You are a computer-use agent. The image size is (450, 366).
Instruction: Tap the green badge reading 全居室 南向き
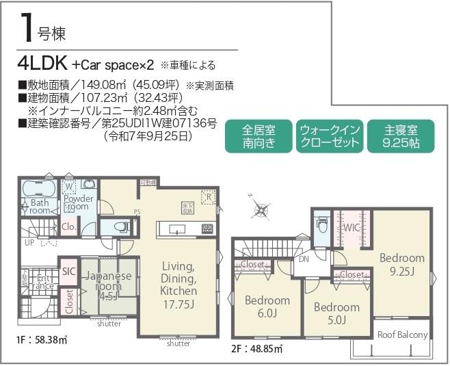[259, 138]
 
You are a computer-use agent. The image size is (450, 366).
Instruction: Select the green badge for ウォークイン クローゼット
[330, 138]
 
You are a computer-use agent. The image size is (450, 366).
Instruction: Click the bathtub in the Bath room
[40, 189]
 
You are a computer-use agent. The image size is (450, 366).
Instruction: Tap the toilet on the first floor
[119, 226]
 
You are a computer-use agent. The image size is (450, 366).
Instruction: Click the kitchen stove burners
[207, 228]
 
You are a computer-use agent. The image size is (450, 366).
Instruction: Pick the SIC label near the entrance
[68, 271]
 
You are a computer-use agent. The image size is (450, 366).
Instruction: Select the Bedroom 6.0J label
[267, 306]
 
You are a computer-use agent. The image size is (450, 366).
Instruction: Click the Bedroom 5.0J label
[336, 313]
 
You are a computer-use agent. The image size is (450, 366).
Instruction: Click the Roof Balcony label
[403, 335]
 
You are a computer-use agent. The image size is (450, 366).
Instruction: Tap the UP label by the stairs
[29, 243]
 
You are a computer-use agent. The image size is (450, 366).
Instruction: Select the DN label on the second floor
[304, 259]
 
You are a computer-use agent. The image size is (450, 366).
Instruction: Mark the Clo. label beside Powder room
[68, 226]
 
